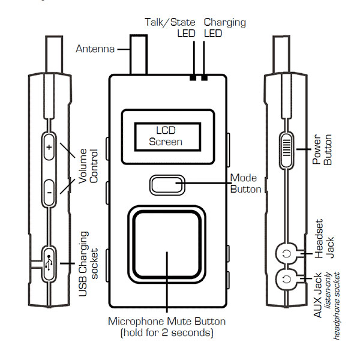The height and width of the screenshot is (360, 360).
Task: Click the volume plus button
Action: pos(49,146)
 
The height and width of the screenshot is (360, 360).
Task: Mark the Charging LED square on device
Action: pos(205,77)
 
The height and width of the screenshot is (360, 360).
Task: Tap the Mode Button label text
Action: pos(245,184)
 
